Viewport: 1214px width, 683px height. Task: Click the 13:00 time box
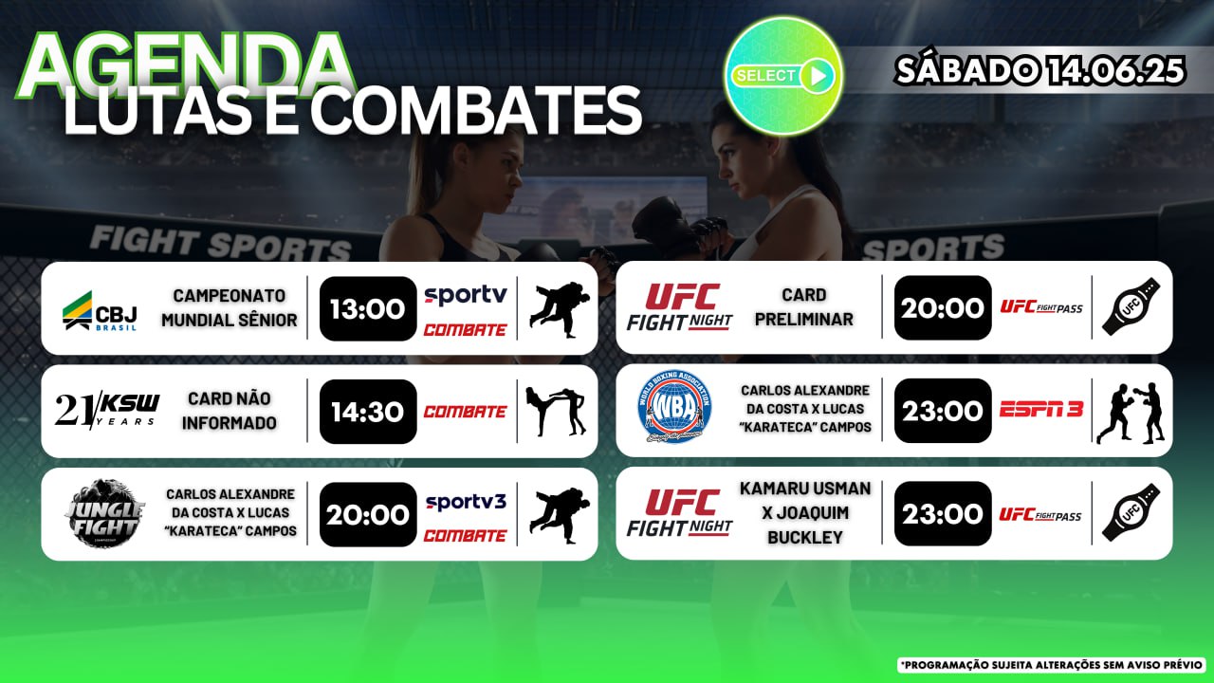(x=368, y=308)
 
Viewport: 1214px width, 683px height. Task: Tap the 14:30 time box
(x=368, y=412)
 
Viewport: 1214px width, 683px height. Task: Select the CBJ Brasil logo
(x=100, y=311)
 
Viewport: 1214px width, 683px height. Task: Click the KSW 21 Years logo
(x=107, y=411)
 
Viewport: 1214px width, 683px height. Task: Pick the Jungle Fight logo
(x=104, y=513)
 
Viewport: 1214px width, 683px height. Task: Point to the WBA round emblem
(x=674, y=407)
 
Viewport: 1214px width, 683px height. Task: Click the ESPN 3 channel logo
(x=1041, y=409)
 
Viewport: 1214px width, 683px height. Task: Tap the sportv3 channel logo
(x=466, y=502)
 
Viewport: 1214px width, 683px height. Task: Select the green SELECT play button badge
(x=783, y=76)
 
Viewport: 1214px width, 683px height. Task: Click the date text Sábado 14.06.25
(x=1039, y=70)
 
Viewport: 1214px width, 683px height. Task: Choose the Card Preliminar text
(x=803, y=306)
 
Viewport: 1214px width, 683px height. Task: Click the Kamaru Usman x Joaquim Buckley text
(x=805, y=512)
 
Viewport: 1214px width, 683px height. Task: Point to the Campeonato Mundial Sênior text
(x=230, y=308)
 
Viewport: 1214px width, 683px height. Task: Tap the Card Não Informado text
(x=230, y=411)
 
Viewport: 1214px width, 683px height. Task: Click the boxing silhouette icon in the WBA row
(x=1131, y=414)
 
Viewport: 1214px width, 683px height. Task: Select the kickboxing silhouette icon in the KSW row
(x=556, y=412)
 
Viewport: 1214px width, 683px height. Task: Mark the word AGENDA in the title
(x=185, y=66)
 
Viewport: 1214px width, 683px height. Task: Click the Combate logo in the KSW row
(x=465, y=412)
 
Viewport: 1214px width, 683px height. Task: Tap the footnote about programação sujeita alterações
(x=1052, y=665)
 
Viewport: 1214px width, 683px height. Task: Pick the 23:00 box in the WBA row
(x=943, y=411)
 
